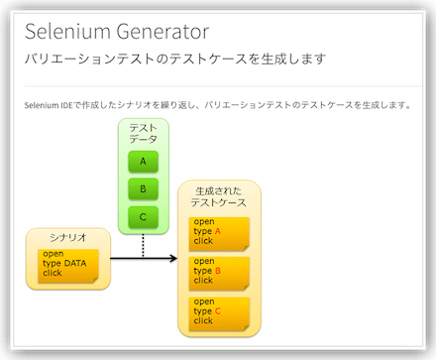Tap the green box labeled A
tap(144, 162)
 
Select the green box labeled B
tap(144, 188)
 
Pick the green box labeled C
tap(144, 216)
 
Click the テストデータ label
tap(144, 134)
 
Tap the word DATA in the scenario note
tap(74, 263)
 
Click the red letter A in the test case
tap(217, 231)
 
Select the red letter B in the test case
tap(217, 270)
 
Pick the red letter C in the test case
tap(217, 310)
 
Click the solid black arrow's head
tap(172, 259)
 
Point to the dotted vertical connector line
tap(144, 245)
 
